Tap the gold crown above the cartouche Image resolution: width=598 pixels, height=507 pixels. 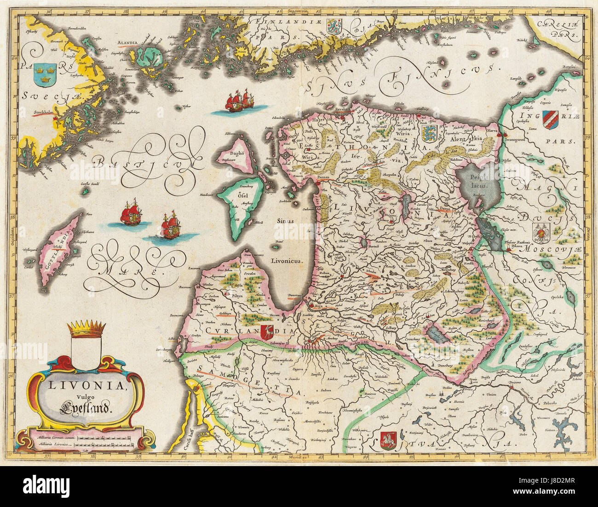point(86,329)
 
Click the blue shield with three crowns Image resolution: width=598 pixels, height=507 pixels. point(45,74)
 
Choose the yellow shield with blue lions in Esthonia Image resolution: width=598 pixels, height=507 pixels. point(428,134)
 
